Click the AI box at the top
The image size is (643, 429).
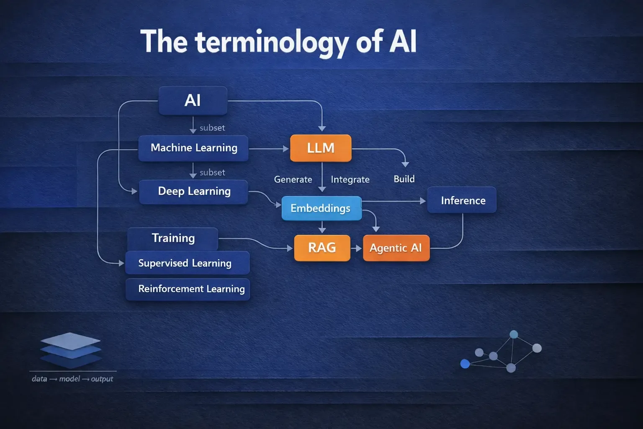tap(193, 101)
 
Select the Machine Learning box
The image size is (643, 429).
tap(193, 148)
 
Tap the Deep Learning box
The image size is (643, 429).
tap(193, 191)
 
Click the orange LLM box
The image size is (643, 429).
tap(321, 148)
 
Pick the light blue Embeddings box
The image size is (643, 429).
tap(321, 208)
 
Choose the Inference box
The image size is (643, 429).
tap(462, 200)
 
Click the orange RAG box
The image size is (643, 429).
tap(322, 248)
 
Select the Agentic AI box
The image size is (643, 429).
tap(396, 248)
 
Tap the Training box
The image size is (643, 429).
tap(173, 238)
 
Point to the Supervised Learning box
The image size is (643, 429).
tap(187, 263)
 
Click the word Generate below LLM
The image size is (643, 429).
tap(293, 179)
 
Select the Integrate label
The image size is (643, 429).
tap(350, 179)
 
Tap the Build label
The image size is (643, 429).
tap(404, 179)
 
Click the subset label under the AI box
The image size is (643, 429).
tap(212, 128)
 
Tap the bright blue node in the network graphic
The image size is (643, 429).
tap(465, 364)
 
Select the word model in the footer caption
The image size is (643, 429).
tap(69, 379)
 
